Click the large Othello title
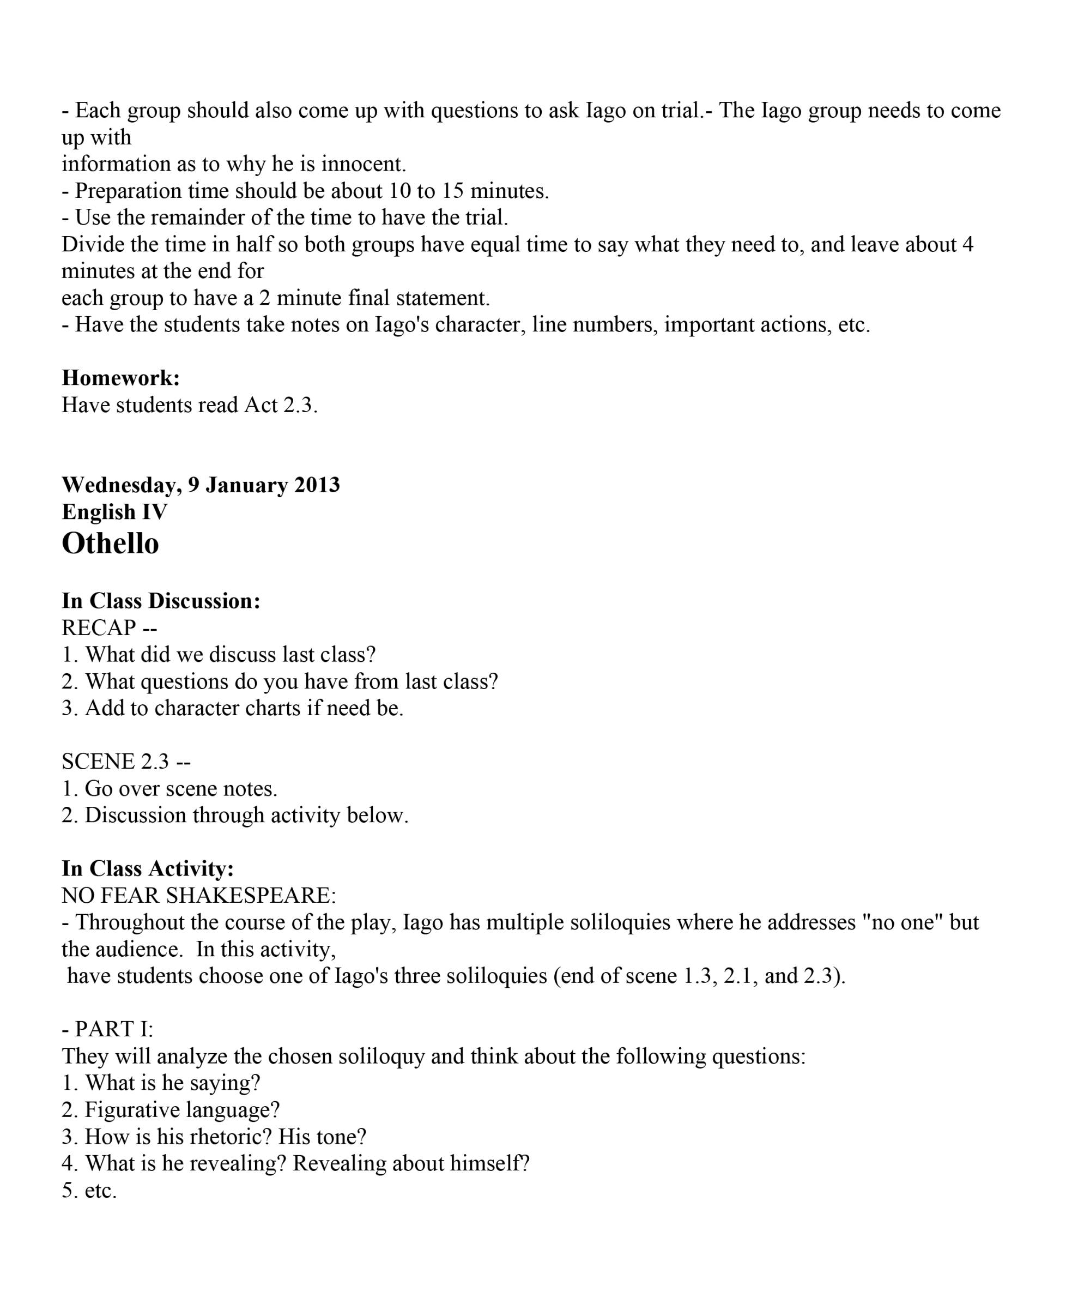pyautogui.click(x=110, y=544)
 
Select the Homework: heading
pyautogui.click(x=120, y=378)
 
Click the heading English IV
pyautogui.click(x=114, y=512)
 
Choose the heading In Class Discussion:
pyautogui.click(x=161, y=601)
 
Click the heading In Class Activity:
pyautogui.click(x=148, y=869)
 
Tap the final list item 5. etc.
pyautogui.click(x=89, y=1191)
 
